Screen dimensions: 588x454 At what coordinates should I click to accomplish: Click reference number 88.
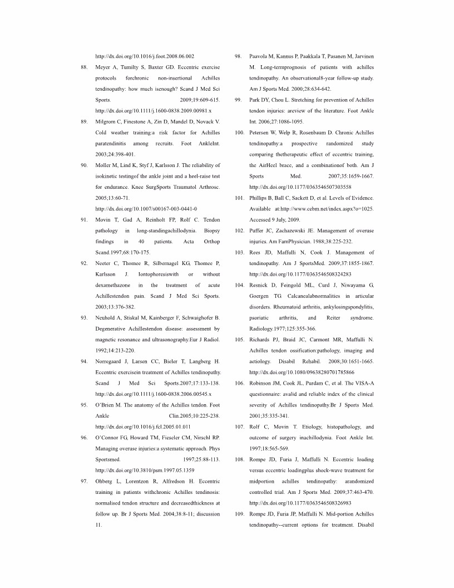click(x=85, y=66)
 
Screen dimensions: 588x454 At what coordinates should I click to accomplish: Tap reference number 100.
click(x=240, y=133)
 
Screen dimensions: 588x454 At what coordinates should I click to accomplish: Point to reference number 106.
click(x=240, y=384)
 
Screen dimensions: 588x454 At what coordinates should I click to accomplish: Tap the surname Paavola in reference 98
click(x=262, y=56)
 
